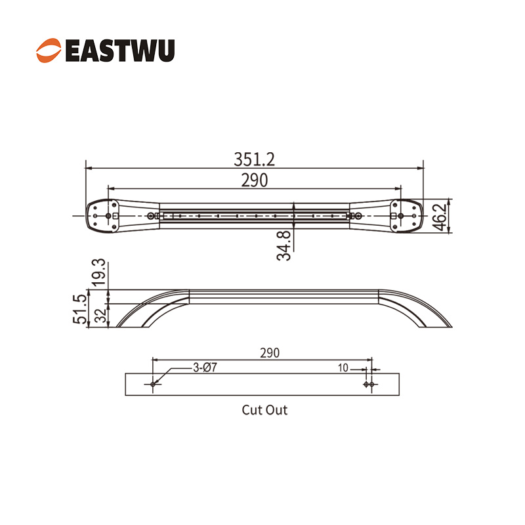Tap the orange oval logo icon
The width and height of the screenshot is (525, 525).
pos(50,51)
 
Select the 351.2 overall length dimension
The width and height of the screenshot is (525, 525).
pos(254,159)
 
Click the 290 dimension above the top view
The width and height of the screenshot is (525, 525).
pos(254,180)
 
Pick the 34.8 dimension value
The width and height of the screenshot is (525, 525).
pos(283,244)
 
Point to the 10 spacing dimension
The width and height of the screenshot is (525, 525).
pos(343,368)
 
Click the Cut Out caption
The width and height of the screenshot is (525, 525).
pos(264,411)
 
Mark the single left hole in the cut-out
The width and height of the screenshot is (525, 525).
pos(153,384)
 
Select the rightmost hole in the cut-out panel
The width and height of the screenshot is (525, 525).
pos(372,384)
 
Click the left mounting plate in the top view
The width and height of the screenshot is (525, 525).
pos(105,215)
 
